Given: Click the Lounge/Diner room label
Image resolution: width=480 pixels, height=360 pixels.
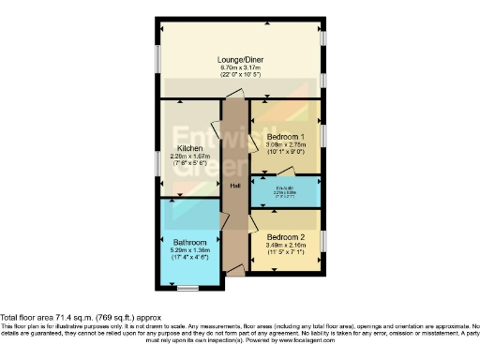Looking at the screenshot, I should coord(240,58).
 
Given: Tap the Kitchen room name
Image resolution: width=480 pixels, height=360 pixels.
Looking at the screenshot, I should coord(190,148).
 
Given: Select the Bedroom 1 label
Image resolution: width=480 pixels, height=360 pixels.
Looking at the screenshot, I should coord(286,137).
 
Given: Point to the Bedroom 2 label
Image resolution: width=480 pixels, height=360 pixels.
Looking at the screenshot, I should coord(286,236).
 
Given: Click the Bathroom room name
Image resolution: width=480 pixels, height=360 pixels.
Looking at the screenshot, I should coord(190,243).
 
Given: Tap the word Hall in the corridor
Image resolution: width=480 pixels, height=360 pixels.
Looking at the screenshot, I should coord(235,185).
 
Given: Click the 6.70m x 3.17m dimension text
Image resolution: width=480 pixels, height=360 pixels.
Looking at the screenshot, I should coord(240,67).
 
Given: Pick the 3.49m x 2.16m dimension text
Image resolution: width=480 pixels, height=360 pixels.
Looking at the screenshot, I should coord(286,245).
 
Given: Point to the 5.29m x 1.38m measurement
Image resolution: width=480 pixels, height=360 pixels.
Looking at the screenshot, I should coord(190,251).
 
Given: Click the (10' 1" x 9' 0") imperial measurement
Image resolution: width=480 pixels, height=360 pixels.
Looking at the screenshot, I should coord(286,153).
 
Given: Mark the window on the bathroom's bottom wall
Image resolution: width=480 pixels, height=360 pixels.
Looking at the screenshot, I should coord(190,287).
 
